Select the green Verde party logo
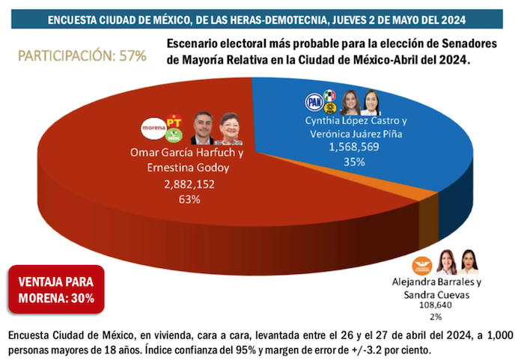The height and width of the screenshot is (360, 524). [174, 135]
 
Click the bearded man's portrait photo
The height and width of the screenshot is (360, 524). [203, 128]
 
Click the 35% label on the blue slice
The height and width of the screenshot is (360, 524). [354, 161]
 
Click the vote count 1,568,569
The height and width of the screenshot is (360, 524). [354, 147]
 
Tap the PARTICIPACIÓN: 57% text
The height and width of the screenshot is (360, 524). [82, 56]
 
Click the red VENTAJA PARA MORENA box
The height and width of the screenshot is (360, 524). [56, 291]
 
